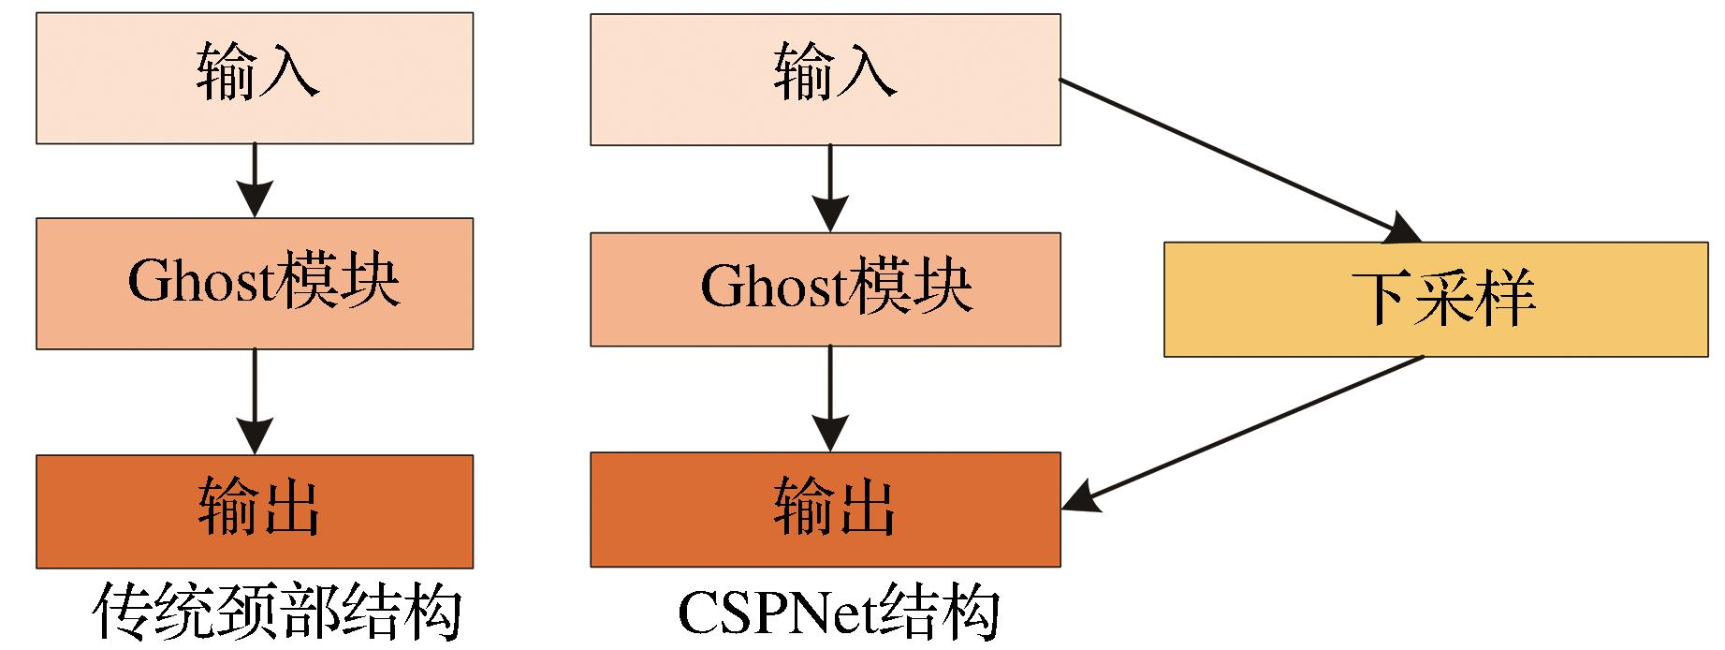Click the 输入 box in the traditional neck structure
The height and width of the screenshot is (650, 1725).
(255, 78)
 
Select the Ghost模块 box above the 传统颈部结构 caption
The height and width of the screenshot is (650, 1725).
(255, 283)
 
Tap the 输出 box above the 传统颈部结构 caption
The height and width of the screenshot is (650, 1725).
(255, 510)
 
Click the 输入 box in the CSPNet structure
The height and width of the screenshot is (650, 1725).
(825, 79)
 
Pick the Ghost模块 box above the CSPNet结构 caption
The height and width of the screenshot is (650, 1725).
(825, 288)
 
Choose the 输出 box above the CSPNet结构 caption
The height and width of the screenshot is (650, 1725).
(825, 510)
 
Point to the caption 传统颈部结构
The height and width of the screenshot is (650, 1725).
(278, 613)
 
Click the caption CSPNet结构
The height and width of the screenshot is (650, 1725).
(838, 613)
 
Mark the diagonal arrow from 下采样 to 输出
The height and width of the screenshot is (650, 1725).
(1254, 432)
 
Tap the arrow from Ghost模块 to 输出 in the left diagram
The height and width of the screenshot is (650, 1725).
(255, 401)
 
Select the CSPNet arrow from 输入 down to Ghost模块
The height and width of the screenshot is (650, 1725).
(829, 187)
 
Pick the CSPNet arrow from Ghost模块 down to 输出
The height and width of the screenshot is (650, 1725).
(829, 398)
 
